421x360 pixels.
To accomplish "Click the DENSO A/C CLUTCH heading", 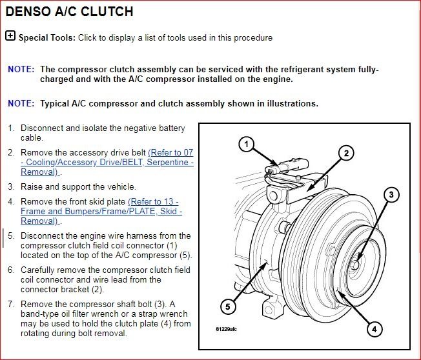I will [69, 12].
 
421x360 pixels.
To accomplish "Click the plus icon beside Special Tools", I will [10, 36].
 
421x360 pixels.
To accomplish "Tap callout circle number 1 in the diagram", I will [245, 145].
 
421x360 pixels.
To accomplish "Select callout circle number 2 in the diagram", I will [346, 153].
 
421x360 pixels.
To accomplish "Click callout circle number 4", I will [373, 329].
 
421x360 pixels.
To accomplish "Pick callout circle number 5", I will [229, 305].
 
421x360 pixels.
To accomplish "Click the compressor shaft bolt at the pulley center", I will [356, 265].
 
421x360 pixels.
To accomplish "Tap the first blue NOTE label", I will [21, 69].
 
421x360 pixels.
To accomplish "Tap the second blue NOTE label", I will [21, 103].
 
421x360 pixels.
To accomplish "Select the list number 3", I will [11, 186].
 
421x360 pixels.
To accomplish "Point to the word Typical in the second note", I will [56, 103].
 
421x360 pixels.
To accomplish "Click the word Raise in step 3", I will [32, 186].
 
